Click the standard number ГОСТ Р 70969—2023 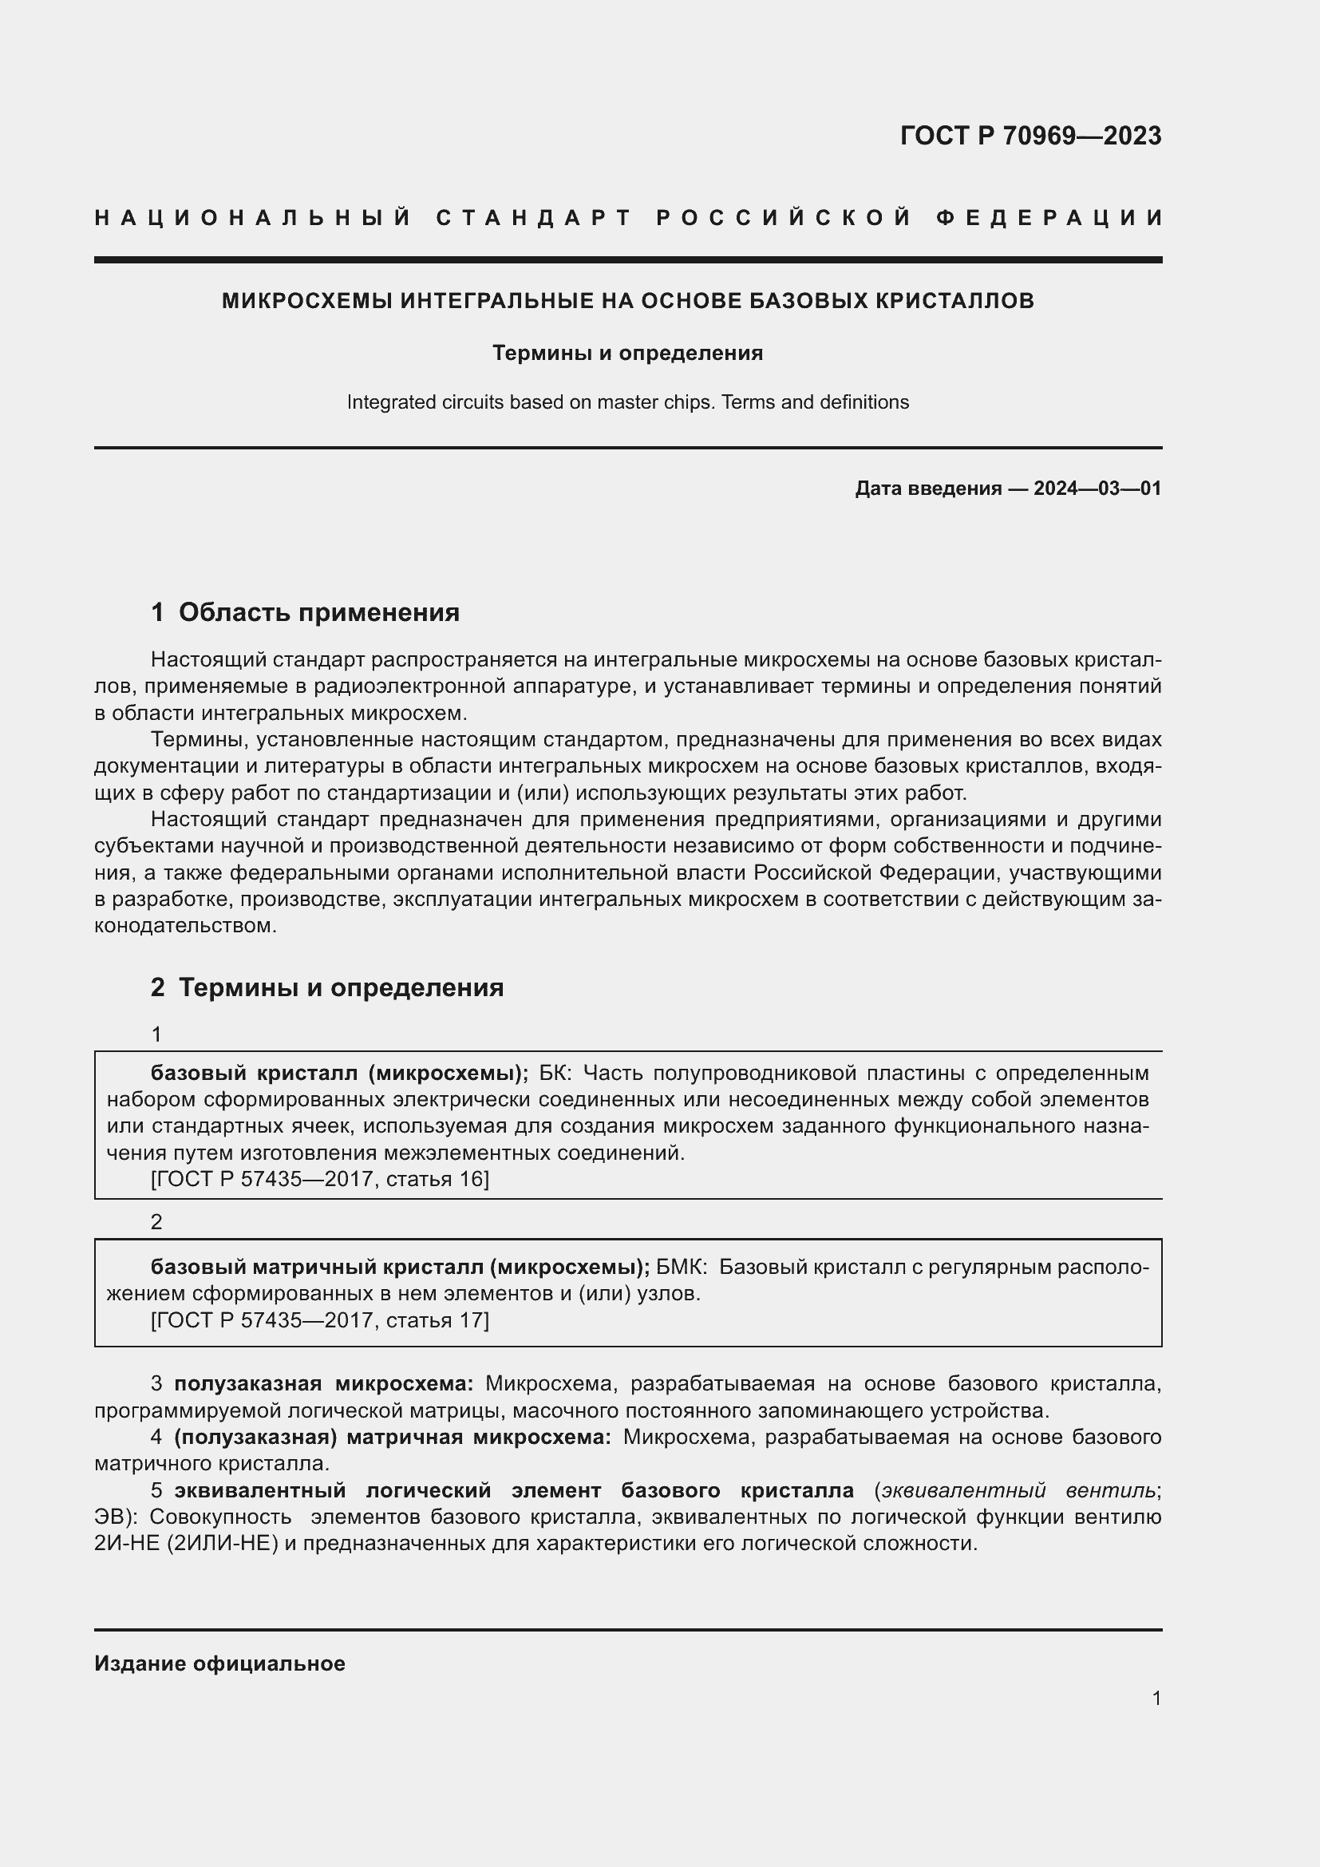point(1030,136)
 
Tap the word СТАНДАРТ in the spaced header point(534,218)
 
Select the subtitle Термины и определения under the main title point(627,353)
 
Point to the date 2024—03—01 point(1097,489)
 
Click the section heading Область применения point(318,612)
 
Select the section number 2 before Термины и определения point(158,987)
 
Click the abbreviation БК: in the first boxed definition point(556,1074)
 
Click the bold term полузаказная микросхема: point(323,1383)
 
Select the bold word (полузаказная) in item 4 point(255,1437)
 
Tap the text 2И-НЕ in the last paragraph point(128,1544)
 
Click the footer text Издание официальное point(219,1663)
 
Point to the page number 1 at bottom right point(1156,1698)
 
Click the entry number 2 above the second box point(157,1221)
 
